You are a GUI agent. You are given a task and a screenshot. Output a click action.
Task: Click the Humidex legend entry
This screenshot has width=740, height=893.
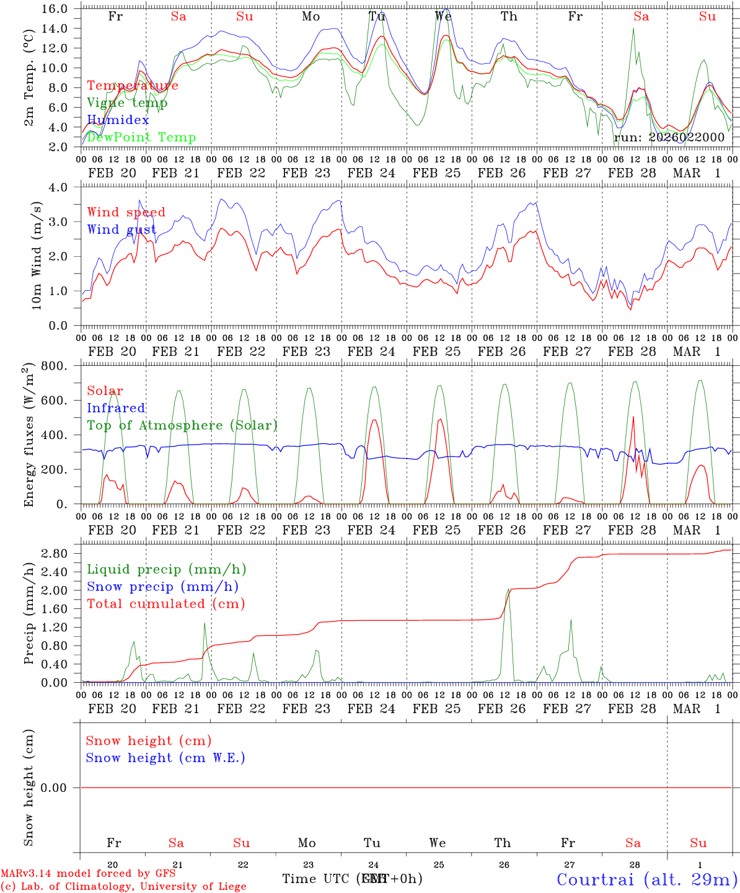[118, 120]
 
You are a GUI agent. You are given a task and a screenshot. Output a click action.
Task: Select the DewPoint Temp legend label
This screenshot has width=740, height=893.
[141, 138]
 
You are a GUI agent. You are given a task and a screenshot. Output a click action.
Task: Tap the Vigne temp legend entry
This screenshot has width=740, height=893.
[127, 103]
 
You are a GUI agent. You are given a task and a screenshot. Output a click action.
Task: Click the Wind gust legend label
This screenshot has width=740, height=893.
[121, 229]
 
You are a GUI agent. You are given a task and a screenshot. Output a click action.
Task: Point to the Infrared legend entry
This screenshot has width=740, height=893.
[116, 408]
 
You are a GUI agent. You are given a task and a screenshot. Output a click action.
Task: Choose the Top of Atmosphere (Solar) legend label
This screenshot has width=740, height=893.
[182, 425]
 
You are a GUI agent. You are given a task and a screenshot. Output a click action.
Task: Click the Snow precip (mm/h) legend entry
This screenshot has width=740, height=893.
[162, 587]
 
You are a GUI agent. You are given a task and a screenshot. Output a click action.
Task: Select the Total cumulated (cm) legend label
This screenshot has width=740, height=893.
[165, 604]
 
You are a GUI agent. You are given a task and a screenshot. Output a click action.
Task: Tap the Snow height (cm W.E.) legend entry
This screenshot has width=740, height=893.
[165, 758]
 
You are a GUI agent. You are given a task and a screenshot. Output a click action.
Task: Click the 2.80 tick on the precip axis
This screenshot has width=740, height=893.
[61, 554]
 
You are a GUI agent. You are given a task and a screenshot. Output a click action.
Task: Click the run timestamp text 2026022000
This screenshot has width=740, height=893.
[686, 138]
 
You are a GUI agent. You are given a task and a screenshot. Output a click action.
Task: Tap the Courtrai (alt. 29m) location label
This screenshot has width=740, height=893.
[647, 879]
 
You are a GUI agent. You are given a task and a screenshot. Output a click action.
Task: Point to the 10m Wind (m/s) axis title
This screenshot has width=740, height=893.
[37, 255]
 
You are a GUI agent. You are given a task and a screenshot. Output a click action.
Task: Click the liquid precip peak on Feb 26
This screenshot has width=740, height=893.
[508, 589]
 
